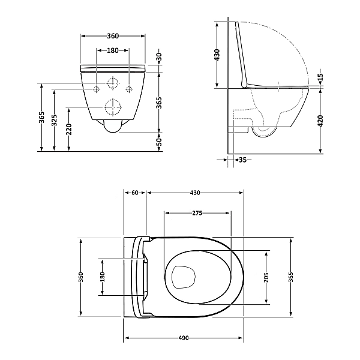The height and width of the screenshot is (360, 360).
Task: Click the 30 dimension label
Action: [x=160, y=57]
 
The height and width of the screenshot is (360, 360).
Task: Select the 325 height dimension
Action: [x=54, y=121]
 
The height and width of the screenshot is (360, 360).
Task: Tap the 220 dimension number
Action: [x=69, y=129]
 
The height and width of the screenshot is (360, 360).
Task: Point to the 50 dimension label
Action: [x=160, y=142]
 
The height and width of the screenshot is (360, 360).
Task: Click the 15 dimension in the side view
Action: [x=321, y=77]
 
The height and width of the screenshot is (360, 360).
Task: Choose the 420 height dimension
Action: [x=320, y=121]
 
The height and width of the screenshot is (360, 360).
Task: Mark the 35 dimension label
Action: [x=242, y=160]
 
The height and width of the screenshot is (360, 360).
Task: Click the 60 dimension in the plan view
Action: [x=135, y=193]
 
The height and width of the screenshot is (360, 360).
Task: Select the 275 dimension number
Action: [x=197, y=213]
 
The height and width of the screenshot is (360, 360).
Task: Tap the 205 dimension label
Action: [x=266, y=277]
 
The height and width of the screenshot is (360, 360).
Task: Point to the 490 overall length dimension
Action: [x=184, y=338]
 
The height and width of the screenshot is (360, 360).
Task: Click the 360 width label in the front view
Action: [x=113, y=36]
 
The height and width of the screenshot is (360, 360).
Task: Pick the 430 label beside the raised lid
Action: [x=217, y=55]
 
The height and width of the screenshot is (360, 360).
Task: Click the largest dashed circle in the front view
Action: [x=113, y=107]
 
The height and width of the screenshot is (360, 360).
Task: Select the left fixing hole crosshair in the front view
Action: [x=97, y=89]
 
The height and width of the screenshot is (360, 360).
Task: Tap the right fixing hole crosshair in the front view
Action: [x=129, y=89]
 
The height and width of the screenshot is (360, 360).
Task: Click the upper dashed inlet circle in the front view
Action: [x=113, y=83]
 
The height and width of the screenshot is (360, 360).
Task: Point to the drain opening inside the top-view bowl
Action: [x=184, y=277]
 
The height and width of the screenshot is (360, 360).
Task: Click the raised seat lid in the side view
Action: [x=241, y=55]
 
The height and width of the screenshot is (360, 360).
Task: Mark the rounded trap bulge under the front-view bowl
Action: [x=113, y=126]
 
